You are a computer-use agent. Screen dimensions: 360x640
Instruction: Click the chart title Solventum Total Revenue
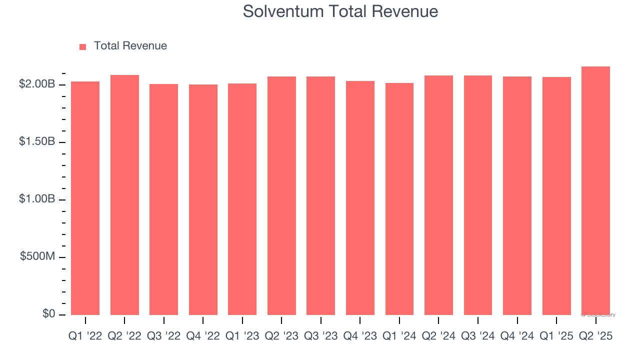pos(340,11)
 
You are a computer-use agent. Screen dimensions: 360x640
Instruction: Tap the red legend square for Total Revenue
pos(83,46)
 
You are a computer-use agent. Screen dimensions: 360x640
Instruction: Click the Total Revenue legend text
pos(130,46)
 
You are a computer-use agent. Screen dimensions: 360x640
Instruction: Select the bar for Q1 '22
pos(85,198)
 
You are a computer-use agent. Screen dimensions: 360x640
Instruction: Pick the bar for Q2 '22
pos(124,195)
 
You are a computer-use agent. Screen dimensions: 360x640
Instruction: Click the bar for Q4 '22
pos(203,199)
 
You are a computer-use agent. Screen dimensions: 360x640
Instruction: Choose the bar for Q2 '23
pos(281,195)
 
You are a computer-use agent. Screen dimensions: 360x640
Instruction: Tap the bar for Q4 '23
pos(360,198)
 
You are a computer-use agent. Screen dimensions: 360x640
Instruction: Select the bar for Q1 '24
pos(399,199)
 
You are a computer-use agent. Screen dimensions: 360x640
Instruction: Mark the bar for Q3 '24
pos(478,195)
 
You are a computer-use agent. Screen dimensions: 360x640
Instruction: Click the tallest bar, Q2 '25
pos(595,190)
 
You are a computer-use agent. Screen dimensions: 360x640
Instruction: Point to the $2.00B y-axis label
pos(37,84)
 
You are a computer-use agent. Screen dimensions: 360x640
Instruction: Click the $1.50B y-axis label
pos(37,142)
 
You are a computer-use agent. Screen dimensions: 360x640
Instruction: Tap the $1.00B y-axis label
pos(37,199)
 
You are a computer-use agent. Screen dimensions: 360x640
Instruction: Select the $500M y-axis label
pos(37,256)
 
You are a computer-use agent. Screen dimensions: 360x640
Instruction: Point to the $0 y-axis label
pos(49,314)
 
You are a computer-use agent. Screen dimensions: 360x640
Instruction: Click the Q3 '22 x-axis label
pos(163,336)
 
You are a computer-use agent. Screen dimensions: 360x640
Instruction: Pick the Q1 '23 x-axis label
pos(242,336)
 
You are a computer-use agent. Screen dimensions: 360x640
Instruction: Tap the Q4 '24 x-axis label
pos(517,336)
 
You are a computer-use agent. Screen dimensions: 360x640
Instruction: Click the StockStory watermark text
pos(598,315)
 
